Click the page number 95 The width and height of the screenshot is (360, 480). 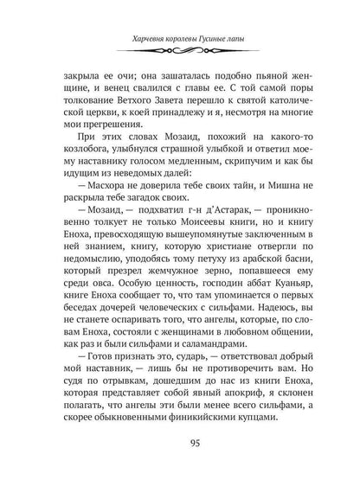180,445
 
